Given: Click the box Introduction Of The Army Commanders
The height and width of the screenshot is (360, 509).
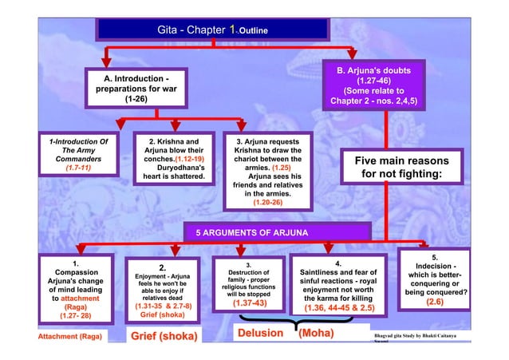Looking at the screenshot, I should click(x=77, y=156).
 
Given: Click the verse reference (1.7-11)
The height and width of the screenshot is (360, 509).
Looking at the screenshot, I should click(x=77, y=170).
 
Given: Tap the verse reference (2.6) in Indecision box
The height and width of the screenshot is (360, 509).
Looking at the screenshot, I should click(x=435, y=303).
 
